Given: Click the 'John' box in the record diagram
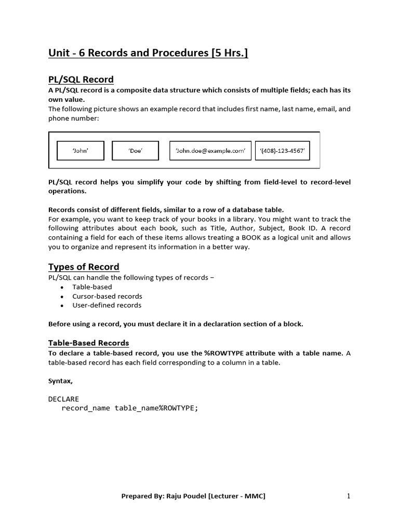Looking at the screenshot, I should pos(80,151).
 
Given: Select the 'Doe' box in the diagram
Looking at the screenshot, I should pos(136,151).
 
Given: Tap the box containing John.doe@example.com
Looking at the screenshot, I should pos(210,151).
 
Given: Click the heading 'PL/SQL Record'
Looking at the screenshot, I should pos(81,79).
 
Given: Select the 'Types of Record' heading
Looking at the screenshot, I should pos(84,267).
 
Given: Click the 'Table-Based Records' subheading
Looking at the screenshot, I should pos(88,343).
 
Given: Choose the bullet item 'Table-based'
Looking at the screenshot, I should pos(92,287).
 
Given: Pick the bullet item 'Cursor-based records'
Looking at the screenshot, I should pos(107,296).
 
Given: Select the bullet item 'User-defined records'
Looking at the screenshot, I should pos(107,305).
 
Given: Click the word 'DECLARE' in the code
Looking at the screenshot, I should pos(63,398).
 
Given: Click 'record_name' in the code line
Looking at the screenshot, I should pos(86,408).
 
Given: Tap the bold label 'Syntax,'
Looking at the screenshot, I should pos(60,381).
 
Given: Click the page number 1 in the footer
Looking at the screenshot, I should pos(349,496).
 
